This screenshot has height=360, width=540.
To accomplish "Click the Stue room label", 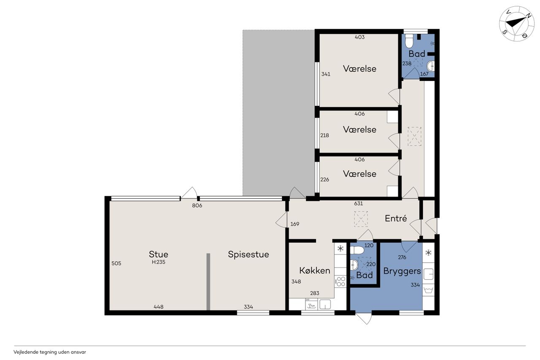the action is point(158,254).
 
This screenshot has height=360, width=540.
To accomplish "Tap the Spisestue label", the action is point(248,254).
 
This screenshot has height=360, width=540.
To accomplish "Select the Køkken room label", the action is point(315,271).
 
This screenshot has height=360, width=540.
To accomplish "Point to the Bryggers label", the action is point(402,271).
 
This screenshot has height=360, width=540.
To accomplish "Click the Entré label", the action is point(396,218).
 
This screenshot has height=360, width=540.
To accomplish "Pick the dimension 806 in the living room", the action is point(197,206).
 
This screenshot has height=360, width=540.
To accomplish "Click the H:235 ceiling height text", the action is point(158,262).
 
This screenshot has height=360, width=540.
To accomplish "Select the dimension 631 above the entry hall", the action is point(359,203).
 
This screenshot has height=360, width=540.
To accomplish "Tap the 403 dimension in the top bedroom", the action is point(360,37).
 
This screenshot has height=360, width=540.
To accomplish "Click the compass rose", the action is point(517,24).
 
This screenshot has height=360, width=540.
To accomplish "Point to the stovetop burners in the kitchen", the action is point(340,282).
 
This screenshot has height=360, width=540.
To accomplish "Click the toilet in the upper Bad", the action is point(409,41).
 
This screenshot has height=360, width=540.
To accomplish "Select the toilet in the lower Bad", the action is point(357,250).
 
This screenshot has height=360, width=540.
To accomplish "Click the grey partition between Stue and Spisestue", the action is point(208,282).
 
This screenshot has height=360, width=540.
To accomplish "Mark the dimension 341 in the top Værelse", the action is point(326,74).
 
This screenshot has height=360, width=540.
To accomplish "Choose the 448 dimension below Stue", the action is point(158,307).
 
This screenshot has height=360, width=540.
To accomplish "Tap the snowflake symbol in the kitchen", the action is point(340,248).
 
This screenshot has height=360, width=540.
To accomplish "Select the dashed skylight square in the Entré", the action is point(361,219).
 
